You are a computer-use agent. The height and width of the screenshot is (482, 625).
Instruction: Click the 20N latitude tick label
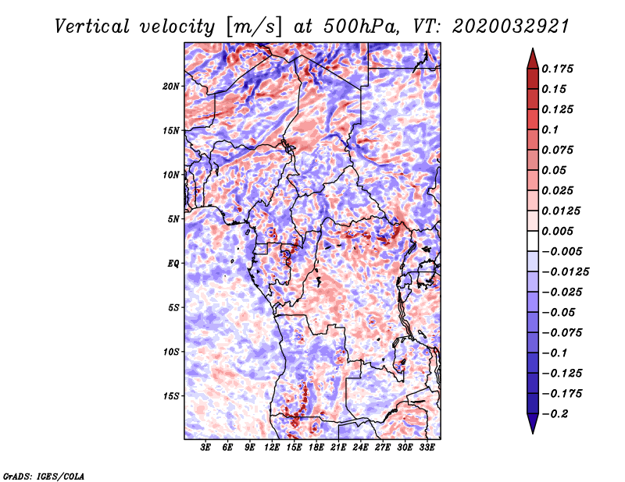(171, 87)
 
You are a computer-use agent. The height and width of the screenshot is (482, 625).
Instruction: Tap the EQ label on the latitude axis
(173, 264)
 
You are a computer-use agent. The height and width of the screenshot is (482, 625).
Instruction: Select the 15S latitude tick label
(171, 396)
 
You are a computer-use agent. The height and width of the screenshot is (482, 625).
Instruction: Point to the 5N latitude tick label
(173, 219)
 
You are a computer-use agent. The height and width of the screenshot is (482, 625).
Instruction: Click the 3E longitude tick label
(205, 448)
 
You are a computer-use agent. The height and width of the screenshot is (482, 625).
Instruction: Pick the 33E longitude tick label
(427, 448)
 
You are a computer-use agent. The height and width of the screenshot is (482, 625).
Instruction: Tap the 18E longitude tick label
(316, 448)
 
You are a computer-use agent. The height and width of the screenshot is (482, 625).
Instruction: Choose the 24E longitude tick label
(360, 448)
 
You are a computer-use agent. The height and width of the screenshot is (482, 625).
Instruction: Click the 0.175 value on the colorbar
(557, 69)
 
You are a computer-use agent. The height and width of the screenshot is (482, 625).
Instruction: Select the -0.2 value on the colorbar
(555, 414)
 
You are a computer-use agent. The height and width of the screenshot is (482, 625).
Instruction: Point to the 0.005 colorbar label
(557, 231)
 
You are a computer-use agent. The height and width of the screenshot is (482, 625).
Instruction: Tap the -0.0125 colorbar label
(565, 272)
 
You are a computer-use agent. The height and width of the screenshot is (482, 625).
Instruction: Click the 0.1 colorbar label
(550, 129)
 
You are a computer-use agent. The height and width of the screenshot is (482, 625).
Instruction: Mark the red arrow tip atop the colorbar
(533, 49)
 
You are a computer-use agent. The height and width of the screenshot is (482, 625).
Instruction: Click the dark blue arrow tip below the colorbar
(533, 432)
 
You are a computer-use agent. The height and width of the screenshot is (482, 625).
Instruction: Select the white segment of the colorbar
(533, 241)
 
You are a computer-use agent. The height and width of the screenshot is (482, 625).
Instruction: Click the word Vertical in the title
(92, 27)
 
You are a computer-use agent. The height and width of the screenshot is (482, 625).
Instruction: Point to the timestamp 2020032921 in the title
(511, 27)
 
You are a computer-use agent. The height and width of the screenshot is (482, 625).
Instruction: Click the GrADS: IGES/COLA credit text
(44, 476)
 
